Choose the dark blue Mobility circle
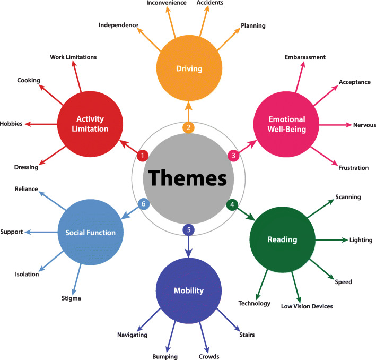(x=188, y=290)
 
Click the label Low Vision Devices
(x=307, y=306)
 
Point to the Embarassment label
(x=305, y=57)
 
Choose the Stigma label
(x=71, y=298)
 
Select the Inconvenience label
(x=166, y=3)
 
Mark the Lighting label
(x=361, y=240)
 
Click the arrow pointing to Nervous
(x=337, y=125)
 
